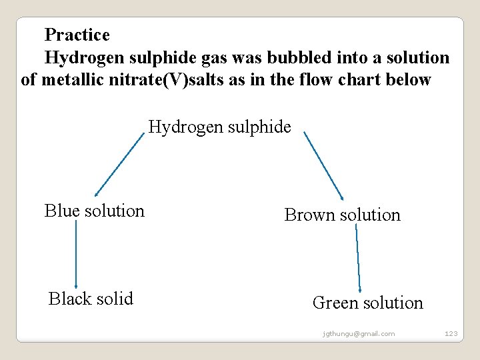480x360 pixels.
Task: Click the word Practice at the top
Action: pos(77,34)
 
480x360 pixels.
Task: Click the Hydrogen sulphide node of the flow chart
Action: pos(219,127)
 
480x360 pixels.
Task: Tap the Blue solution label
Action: pos(95,211)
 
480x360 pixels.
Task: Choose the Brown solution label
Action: pos(342,215)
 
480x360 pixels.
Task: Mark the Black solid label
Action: pos(91,299)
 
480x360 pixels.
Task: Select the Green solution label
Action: pos(367,303)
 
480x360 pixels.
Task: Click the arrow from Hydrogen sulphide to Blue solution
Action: pos(119,164)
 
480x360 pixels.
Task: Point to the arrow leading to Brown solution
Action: pos(324,165)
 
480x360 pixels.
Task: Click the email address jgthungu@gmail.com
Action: pos(358,333)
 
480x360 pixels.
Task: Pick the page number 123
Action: pos(451,333)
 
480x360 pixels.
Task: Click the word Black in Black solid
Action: pos(69,299)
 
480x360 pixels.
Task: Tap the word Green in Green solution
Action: pos(334,303)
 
